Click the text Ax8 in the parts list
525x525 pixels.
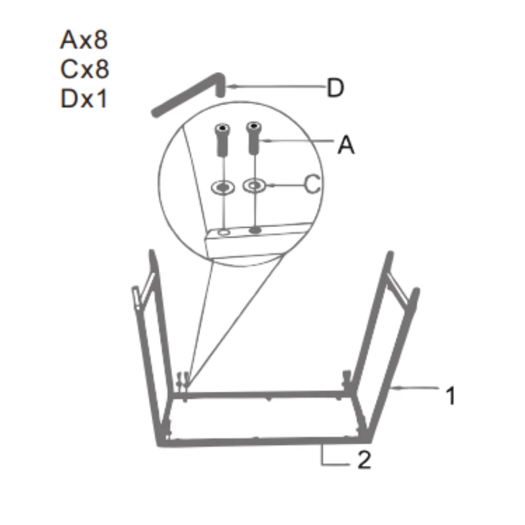click(x=84, y=41)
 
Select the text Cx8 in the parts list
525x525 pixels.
click(x=84, y=69)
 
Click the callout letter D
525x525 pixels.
click(x=335, y=88)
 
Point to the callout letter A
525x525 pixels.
click(x=346, y=145)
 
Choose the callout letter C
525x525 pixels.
click(x=313, y=186)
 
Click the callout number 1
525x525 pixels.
click(x=450, y=396)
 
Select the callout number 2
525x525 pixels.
click(x=364, y=461)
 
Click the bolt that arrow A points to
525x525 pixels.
click(x=254, y=138)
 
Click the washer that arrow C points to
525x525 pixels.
click(x=254, y=186)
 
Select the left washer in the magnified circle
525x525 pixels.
click(x=223, y=188)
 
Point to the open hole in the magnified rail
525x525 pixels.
click(x=225, y=232)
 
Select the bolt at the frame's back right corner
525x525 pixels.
click(x=346, y=379)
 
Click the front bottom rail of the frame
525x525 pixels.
click(x=262, y=441)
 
